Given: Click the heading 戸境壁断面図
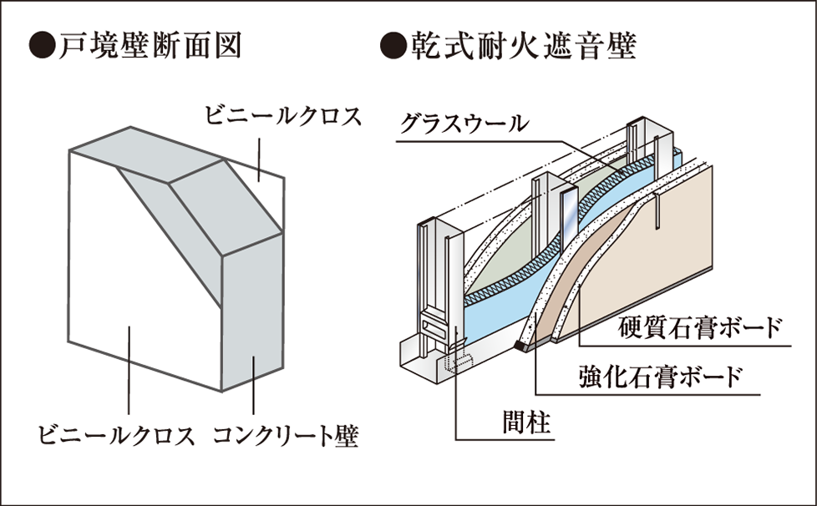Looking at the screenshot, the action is [x=150, y=47].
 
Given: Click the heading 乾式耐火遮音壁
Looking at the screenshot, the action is [x=524, y=47].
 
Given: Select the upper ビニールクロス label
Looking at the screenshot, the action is [x=283, y=116].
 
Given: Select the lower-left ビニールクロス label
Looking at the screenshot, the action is [x=115, y=436].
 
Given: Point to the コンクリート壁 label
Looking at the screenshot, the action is [x=286, y=436].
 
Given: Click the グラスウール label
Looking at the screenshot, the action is [x=464, y=124].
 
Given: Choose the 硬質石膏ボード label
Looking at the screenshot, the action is [x=700, y=327].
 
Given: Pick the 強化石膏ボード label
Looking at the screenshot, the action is [x=660, y=376].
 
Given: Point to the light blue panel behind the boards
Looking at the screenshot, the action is [x=500, y=312].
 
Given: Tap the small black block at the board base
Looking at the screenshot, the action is [x=520, y=345].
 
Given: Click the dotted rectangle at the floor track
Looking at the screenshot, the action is [x=458, y=363].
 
